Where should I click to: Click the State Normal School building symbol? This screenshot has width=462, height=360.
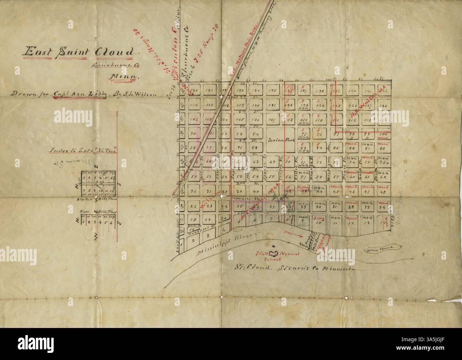click(273, 254)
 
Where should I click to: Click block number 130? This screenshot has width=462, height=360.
click(194, 90)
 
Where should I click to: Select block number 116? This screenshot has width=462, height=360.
click(194, 106)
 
